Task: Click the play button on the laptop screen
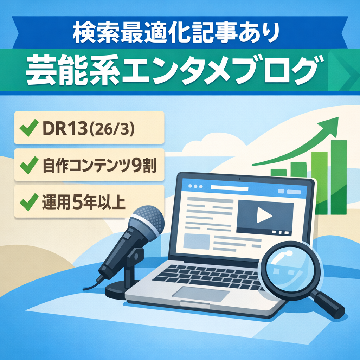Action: tap(264, 215)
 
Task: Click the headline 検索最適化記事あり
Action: tap(176, 33)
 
